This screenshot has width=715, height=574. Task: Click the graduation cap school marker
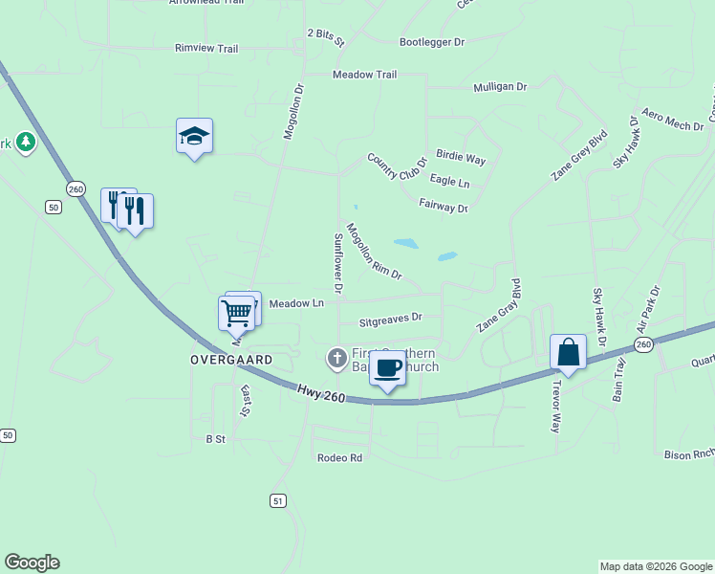(x=194, y=137)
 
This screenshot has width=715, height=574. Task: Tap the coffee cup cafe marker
(x=387, y=368)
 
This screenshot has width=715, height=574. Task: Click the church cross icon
(x=336, y=359)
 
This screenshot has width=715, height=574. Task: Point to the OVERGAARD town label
(x=230, y=360)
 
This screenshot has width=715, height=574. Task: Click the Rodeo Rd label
(x=340, y=458)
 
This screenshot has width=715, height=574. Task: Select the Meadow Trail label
(x=364, y=75)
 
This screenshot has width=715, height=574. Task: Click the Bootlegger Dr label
(x=431, y=42)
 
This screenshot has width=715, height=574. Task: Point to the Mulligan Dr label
(x=500, y=87)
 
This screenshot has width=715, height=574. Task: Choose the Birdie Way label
(x=461, y=157)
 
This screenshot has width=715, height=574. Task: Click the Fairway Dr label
(x=444, y=207)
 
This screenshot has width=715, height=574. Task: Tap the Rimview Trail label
(x=206, y=48)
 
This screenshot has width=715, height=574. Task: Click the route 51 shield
(x=277, y=500)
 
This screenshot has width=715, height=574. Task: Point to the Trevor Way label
(x=555, y=408)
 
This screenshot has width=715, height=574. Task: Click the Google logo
(x=32, y=563)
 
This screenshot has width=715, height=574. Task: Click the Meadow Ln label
(x=296, y=303)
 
